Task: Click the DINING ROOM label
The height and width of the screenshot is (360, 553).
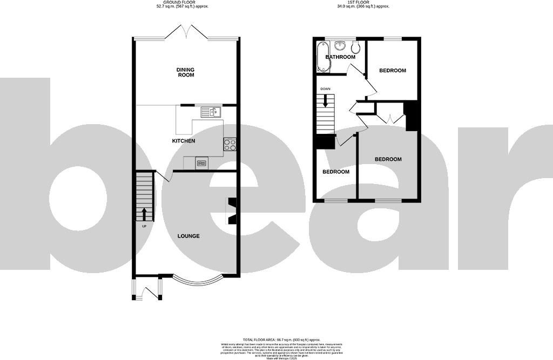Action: click(185, 72)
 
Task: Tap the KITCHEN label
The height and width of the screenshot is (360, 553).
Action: click(183, 141)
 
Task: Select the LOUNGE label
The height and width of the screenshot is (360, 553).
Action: click(188, 236)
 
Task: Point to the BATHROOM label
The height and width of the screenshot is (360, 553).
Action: click(340, 57)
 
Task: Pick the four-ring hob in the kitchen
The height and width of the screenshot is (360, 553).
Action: click(230, 144)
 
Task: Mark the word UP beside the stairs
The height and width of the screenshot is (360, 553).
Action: click(144, 226)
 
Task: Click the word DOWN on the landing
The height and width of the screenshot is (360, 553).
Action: click(325, 89)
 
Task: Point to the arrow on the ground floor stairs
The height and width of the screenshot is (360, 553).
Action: click(144, 213)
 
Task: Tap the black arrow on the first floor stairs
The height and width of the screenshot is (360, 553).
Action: click(326, 100)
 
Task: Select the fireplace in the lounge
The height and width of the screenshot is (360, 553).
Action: click(231, 210)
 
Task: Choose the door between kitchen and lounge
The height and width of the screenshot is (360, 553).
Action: click(164, 177)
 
